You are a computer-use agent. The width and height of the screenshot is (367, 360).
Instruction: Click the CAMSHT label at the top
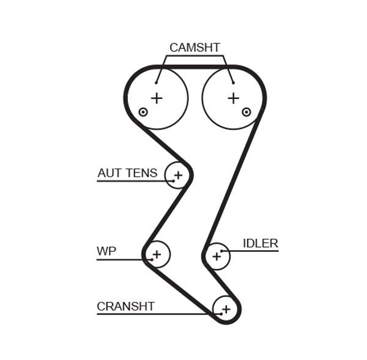pos(195,48)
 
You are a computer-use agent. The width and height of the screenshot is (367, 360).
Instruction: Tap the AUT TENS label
pos(127,174)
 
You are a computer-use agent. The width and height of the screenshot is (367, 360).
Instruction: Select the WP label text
pos(106,251)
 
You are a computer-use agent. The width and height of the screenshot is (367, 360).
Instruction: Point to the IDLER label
pos(260,243)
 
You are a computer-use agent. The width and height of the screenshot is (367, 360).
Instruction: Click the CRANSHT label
pos(125,306)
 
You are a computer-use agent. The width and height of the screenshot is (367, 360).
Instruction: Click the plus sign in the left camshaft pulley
pos(157,98)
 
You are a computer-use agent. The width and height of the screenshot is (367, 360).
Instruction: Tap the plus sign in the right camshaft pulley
pos(233,98)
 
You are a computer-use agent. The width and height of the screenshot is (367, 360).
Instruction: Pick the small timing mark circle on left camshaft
pos(143,112)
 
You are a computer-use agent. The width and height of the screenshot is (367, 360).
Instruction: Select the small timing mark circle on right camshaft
pos(247,112)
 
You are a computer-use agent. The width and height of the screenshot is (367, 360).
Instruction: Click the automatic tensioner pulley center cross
pos(178,176)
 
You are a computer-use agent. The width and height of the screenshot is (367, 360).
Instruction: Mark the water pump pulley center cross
pos(157,254)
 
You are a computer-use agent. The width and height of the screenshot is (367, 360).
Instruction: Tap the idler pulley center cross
pos(216,257)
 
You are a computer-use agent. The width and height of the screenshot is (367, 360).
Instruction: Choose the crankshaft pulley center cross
pos(226,309)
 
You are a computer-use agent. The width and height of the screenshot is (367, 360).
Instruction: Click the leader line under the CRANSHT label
pos(153,314)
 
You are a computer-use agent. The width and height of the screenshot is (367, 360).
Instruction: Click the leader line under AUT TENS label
pos(132,181)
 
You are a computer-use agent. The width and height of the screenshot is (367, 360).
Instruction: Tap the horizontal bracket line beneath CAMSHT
pos(195,57)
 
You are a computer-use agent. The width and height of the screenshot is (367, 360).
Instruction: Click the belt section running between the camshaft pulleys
pos(195,66)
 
